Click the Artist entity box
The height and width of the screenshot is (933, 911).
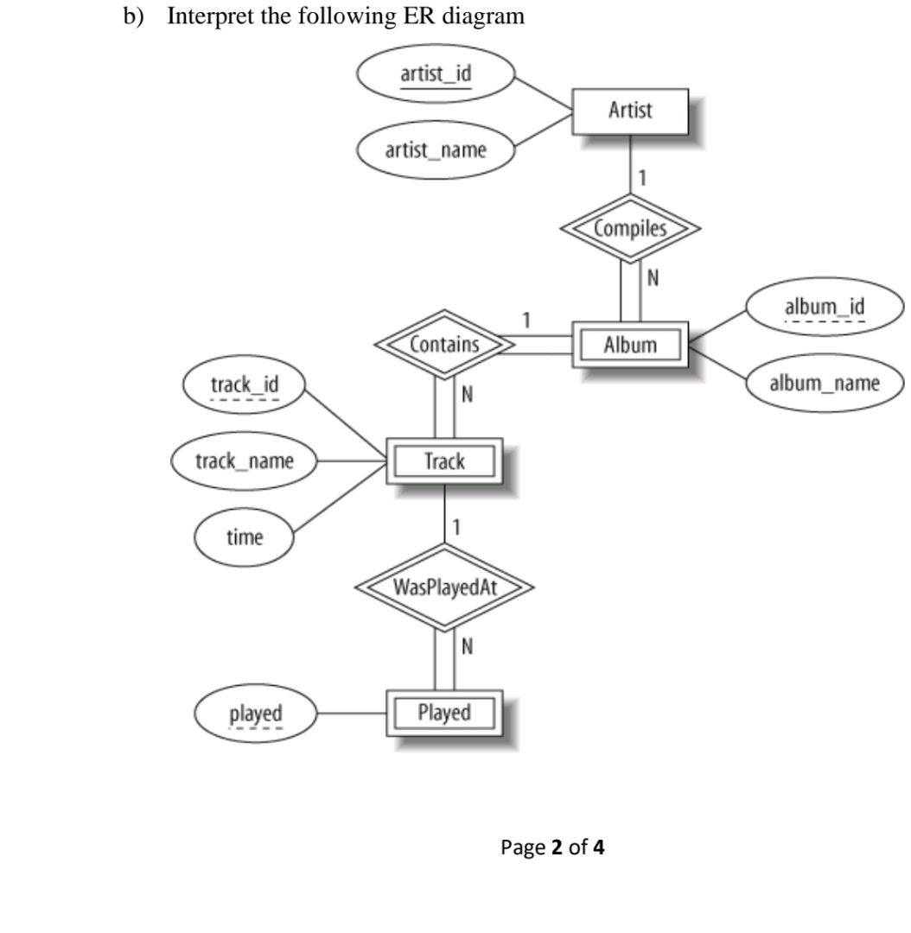[x=630, y=111]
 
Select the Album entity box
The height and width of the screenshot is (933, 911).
[x=630, y=346]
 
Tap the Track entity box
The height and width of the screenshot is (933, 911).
[x=444, y=460]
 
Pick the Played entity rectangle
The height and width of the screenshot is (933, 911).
[x=444, y=713]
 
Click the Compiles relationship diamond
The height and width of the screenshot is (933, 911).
[x=630, y=229]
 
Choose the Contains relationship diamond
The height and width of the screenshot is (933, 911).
[x=444, y=346]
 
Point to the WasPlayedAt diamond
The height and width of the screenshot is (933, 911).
[x=444, y=587]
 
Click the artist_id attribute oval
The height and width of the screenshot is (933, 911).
[x=436, y=73]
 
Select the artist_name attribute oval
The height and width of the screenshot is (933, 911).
[x=436, y=151]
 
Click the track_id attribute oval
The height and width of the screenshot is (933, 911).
[x=245, y=387]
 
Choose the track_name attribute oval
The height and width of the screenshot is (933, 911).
[x=245, y=460]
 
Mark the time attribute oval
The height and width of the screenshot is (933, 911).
[x=245, y=537]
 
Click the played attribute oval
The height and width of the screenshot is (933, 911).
[x=255, y=714]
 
